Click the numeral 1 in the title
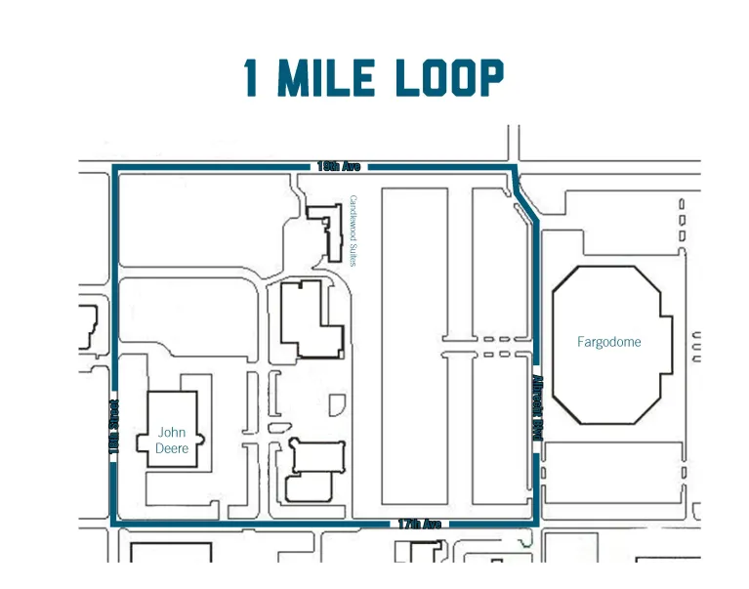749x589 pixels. coord(253,78)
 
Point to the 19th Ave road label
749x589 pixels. coord(339,167)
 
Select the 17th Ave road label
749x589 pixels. coord(419,525)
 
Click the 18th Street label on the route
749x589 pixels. coord(114,425)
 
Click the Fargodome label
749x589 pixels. coord(607,342)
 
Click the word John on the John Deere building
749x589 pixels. coord(171,432)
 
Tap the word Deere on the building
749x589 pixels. coord(171,448)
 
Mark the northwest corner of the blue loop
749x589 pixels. coord(115,168)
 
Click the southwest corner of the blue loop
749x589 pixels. coord(115,524)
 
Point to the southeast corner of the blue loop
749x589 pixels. coord(535,524)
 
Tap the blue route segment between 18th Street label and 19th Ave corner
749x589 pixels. coord(115,283)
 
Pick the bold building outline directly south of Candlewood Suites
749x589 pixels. coord(311,317)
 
